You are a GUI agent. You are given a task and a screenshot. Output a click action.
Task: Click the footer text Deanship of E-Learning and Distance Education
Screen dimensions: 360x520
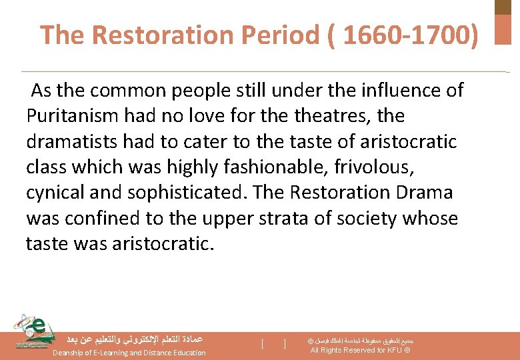(x=129, y=353)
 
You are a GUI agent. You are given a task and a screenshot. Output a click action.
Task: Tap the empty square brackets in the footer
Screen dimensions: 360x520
(x=273, y=344)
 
